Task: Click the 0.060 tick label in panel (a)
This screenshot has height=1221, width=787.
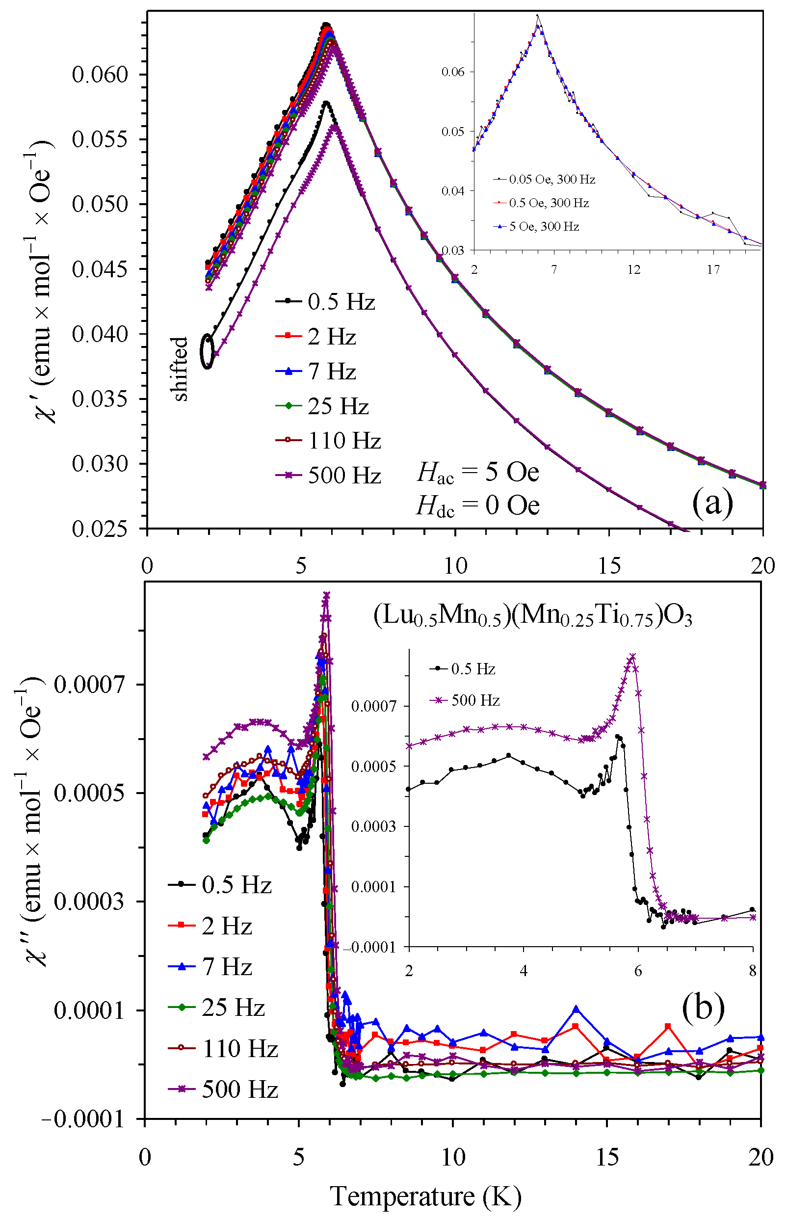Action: [99, 75]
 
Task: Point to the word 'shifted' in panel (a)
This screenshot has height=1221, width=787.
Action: [180, 369]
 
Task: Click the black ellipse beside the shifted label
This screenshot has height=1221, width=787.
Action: [207, 351]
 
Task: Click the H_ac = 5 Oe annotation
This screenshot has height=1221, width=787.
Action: [478, 472]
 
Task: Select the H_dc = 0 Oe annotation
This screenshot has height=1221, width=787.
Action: [478, 506]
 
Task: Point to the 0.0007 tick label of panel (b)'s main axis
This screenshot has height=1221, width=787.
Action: [89, 685]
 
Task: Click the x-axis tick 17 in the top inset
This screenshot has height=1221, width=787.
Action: [713, 269]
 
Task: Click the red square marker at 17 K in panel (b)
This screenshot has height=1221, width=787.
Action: [668, 1026]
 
